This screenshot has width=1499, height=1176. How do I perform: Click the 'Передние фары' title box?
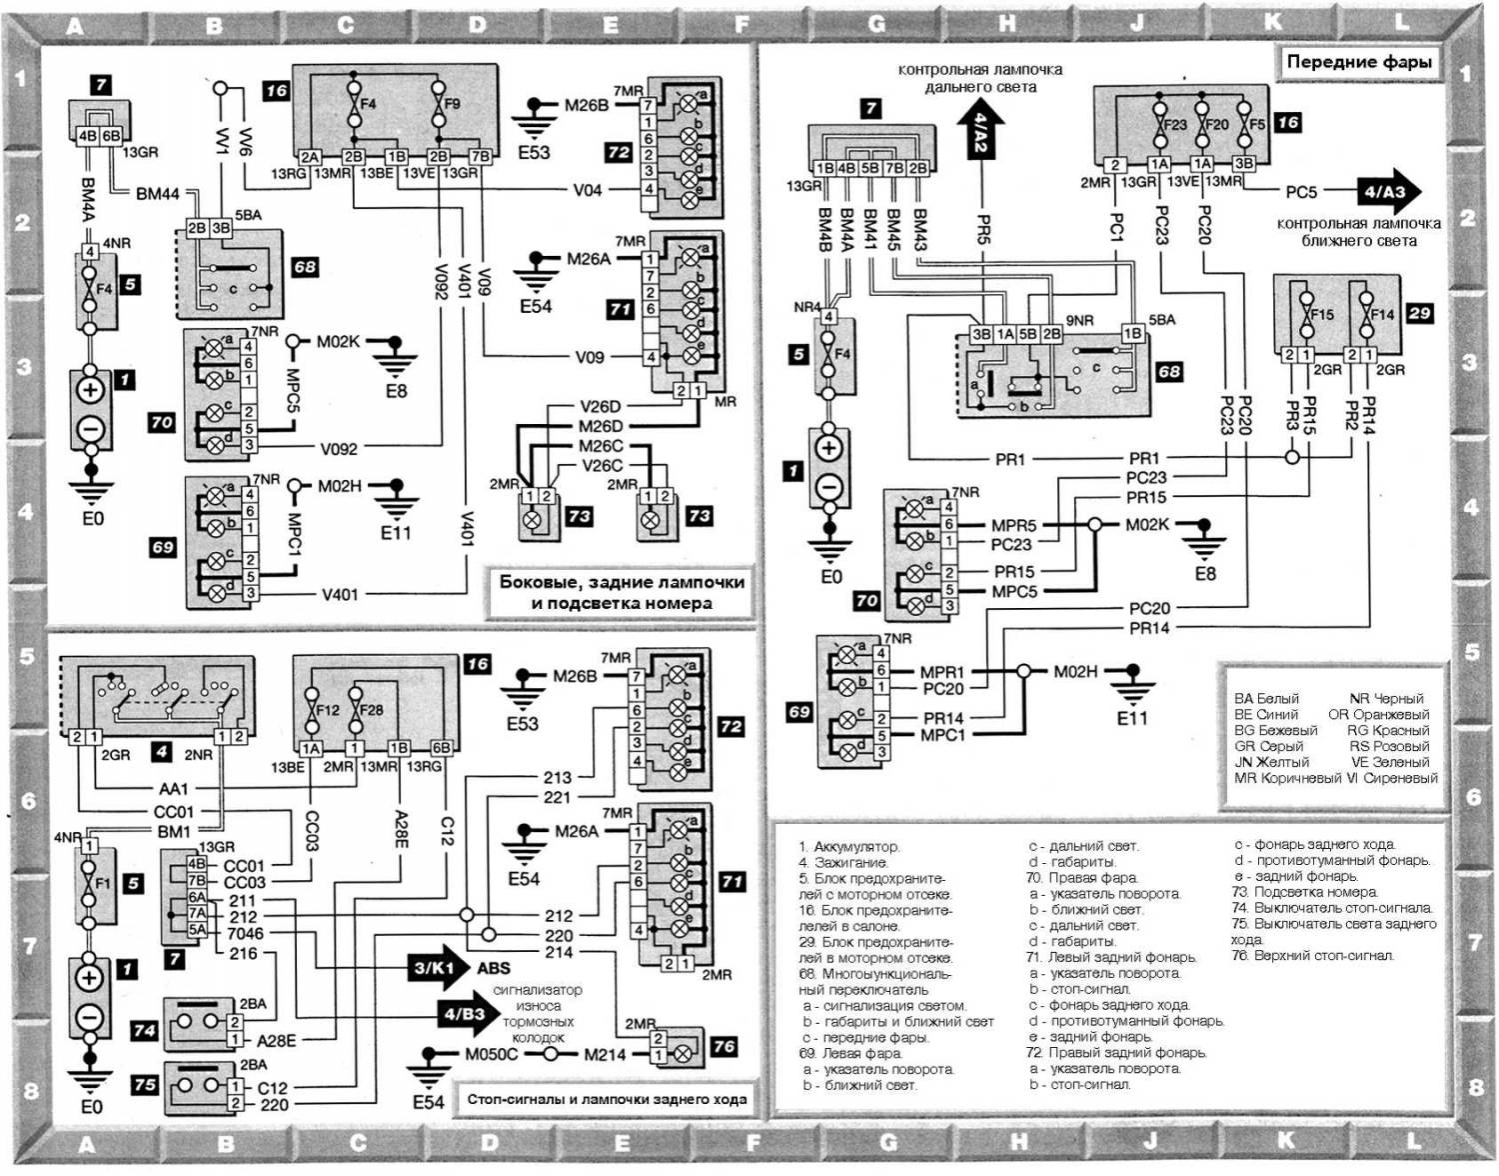(1359, 62)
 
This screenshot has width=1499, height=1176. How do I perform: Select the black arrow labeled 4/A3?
(1387, 192)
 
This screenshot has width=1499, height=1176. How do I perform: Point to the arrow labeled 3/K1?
(436, 967)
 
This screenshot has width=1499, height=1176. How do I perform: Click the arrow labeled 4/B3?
(464, 1014)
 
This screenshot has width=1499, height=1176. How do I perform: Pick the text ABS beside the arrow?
(494, 967)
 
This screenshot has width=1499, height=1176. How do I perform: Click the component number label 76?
(724, 1046)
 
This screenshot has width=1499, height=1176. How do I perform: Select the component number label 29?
(1419, 313)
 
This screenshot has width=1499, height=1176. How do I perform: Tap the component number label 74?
(145, 1030)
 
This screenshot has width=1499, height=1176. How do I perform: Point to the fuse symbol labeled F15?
(1305, 315)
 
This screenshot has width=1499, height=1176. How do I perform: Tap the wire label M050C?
(492, 1054)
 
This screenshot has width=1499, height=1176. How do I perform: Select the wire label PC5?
(1301, 192)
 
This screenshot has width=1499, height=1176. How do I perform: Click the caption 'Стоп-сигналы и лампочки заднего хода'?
(607, 1099)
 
